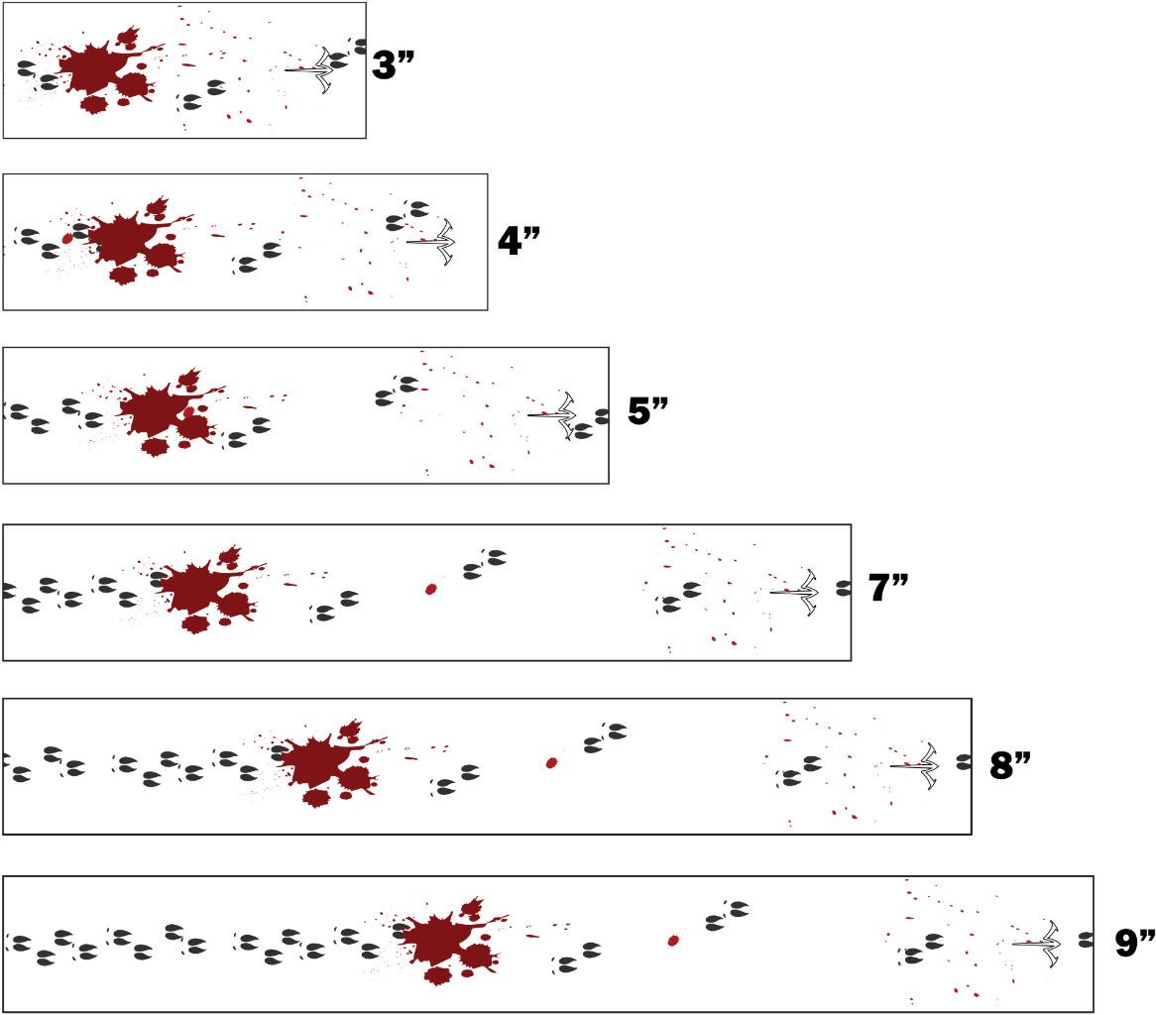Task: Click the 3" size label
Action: click(392, 65)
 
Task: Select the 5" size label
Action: click(651, 410)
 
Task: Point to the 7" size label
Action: click(890, 588)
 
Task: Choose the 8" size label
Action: click(1012, 764)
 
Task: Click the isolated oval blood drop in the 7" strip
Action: click(430, 589)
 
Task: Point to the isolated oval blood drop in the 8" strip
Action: click(552, 763)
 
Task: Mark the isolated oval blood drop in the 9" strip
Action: click(673, 939)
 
